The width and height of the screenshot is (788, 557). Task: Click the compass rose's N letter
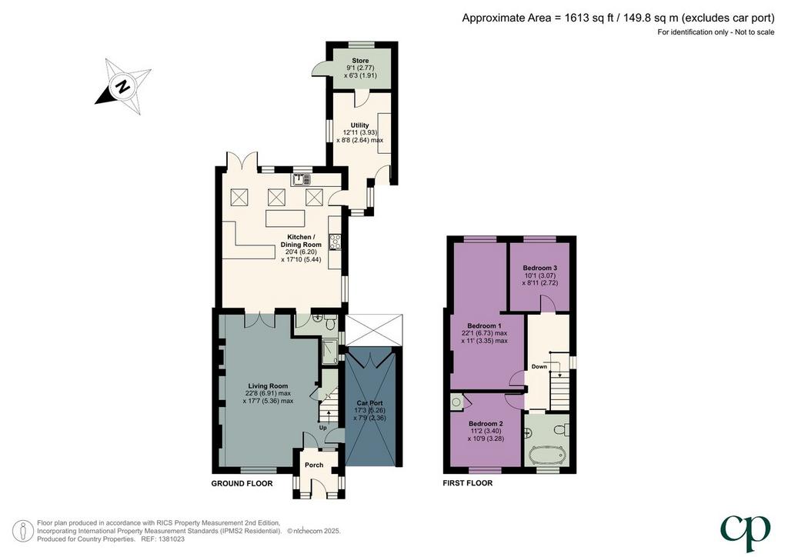(x=123, y=86)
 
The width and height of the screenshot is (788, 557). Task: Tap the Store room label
(x=360, y=61)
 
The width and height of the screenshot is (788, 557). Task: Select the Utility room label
(x=360, y=125)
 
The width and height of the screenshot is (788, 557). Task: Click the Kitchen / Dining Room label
(x=301, y=241)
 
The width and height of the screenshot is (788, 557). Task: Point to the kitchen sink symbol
(x=302, y=178)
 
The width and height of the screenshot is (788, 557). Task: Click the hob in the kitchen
(x=335, y=242)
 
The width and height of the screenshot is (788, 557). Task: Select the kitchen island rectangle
(x=285, y=219)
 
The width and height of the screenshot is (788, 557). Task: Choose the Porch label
(x=314, y=465)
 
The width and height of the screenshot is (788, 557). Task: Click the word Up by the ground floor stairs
(x=322, y=428)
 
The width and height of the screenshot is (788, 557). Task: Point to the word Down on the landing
(x=539, y=367)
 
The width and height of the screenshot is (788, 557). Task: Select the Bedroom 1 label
(x=485, y=326)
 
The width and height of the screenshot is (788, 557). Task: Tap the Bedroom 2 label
(x=486, y=423)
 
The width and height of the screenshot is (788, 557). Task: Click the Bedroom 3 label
(x=539, y=268)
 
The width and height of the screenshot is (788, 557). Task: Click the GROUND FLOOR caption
(x=242, y=484)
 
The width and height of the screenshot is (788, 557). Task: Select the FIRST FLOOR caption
(x=467, y=483)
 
